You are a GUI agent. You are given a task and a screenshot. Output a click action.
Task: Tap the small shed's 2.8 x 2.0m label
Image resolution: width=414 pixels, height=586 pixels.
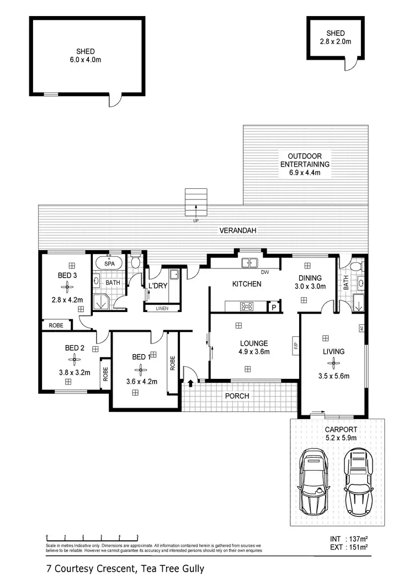(335, 41)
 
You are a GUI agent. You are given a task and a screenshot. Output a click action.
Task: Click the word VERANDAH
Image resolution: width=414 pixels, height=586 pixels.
(238, 231)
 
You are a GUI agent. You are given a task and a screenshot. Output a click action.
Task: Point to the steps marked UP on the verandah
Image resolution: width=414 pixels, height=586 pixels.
(195, 203)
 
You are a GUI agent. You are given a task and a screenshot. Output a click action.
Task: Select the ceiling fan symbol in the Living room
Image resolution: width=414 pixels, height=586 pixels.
(332, 363)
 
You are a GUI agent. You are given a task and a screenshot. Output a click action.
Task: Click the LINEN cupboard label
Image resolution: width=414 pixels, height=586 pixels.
(162, 308)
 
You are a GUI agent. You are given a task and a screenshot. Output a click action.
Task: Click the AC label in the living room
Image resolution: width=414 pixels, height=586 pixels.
(362, 328)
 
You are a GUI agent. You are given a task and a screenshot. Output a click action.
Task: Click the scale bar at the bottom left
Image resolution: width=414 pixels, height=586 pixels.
(92, 537)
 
